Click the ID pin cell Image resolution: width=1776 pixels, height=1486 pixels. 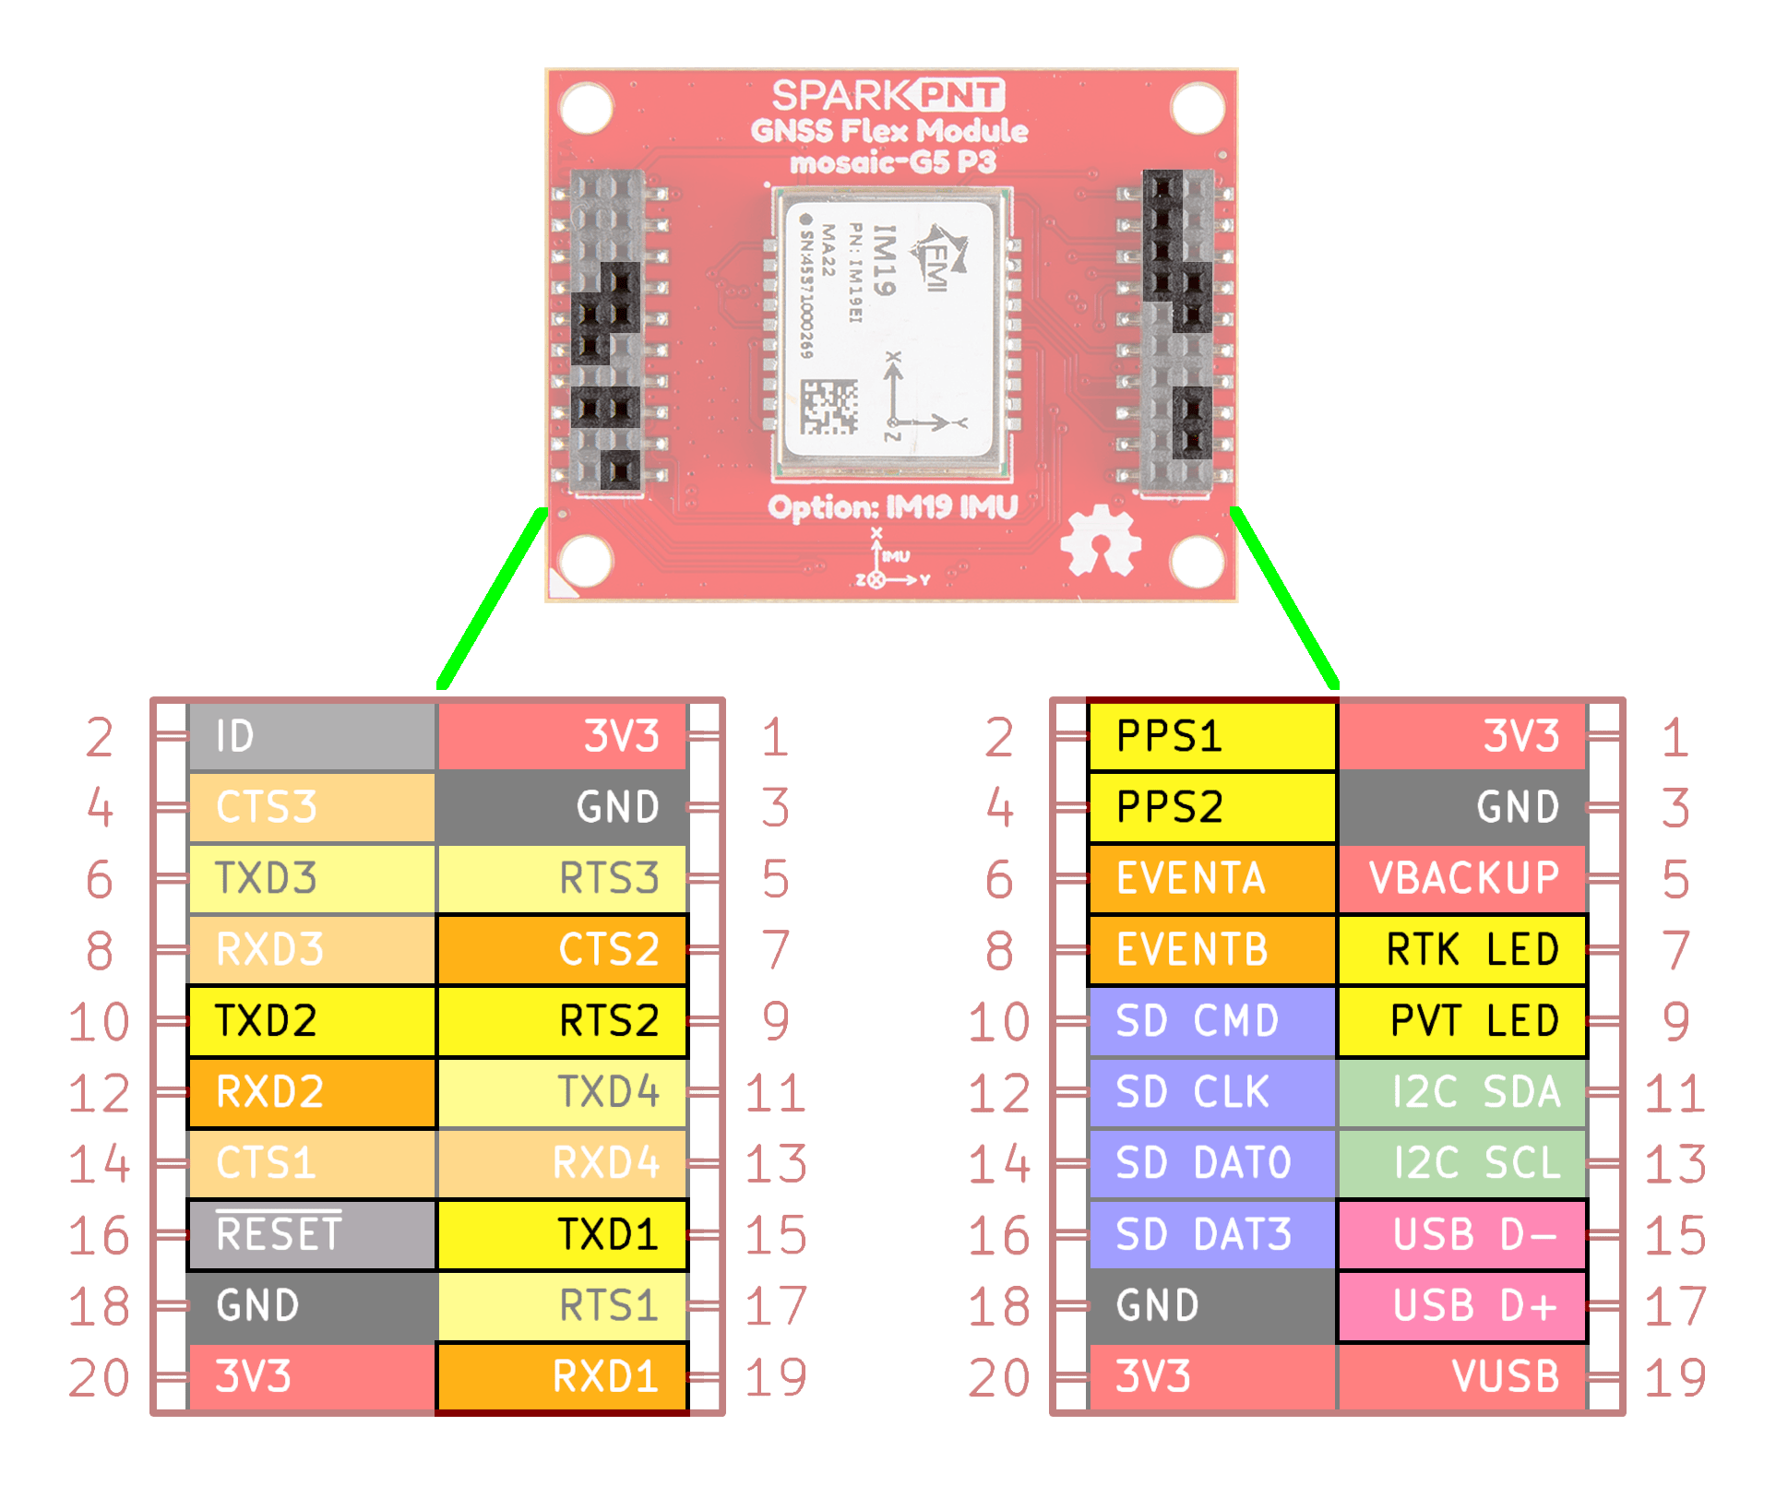tap(311, 736)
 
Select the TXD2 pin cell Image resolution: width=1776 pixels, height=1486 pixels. tap(311, 1021)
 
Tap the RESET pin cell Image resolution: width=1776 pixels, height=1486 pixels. tap(311, 1234)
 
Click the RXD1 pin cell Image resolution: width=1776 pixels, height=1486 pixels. tap(562, 1376)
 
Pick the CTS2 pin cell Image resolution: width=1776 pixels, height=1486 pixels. tap(562, 949)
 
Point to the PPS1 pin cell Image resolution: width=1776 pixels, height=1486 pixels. tap(1211, 736)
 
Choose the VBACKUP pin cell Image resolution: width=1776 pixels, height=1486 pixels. tap(1462, 878)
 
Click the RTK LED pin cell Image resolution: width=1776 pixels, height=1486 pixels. tap(1462, 949)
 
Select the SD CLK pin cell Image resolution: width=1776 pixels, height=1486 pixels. tap(1211, 1092)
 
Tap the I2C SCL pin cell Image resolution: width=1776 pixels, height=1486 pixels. tap(1462, 1163)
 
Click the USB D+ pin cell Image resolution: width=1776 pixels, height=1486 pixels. tap(1462, 1305)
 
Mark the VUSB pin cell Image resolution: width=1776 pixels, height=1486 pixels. tap(1462, 1376)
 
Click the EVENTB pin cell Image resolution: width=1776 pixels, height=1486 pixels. tap(1211, 949)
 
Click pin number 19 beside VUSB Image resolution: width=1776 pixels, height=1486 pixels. tap(1675, 1377)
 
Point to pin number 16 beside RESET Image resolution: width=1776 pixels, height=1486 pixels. tap(99, 1235)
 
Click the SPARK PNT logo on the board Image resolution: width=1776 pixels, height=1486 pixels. tap(888, 95)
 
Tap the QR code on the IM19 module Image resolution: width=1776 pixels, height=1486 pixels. tap(828, 407)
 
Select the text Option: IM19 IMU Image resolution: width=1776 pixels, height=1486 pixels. tap(892, 507)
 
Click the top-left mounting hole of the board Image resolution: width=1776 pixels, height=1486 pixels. tap(586, 108)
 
